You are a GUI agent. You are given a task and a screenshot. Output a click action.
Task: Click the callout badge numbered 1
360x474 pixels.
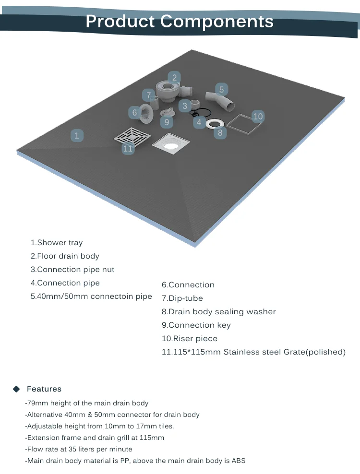coord(77,135)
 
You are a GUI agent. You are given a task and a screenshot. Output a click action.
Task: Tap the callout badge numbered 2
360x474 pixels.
coord(174,77)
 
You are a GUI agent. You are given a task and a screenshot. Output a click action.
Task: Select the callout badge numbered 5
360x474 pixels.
coord(221,89)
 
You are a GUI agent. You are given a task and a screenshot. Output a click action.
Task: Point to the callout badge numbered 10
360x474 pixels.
coord(258,116)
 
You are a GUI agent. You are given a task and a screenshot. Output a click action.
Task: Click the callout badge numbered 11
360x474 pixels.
coord(128,148)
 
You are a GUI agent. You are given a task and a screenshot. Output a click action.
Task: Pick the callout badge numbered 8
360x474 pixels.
coord(220,133)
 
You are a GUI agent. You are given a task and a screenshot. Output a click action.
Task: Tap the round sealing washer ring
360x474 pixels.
coord(214,124)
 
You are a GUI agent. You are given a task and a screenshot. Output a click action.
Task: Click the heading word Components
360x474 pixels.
coord(217,21)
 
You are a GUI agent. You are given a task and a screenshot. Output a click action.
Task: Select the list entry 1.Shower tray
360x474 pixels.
coord(57,243)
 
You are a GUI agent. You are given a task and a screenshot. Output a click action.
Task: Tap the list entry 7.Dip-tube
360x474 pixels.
coord(182,298)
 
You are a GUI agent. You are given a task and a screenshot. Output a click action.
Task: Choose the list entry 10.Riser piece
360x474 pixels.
coord(190,338)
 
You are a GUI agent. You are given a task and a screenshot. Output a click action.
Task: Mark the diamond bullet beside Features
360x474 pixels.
coord(16,389)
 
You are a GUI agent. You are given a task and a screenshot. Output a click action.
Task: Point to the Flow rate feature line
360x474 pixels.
coord(78,449)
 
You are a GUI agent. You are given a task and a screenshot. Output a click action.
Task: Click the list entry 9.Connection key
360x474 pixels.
coord(196,325)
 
